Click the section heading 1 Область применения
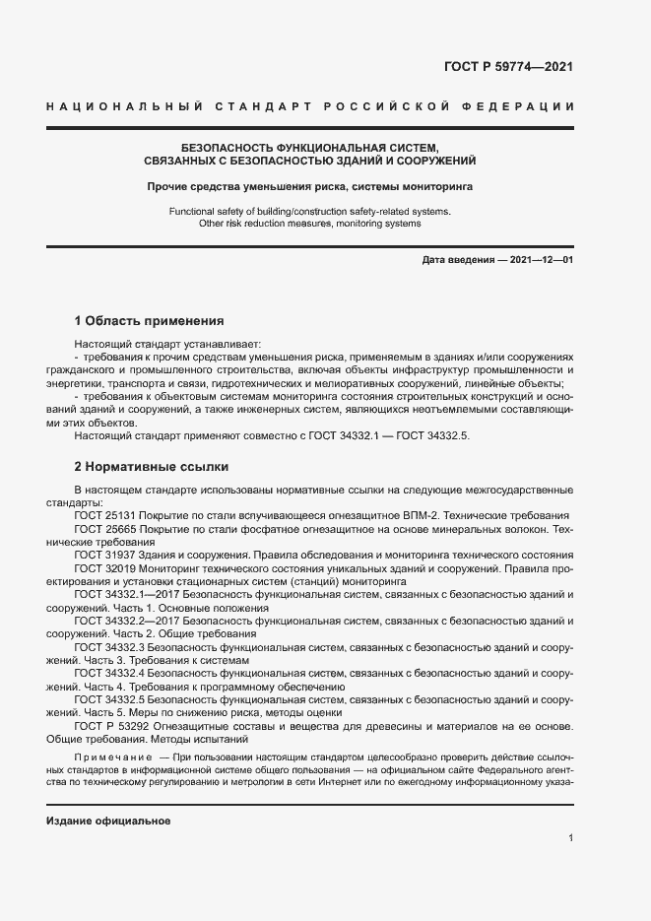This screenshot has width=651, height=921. pos(150,321)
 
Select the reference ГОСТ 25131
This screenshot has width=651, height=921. pos(105,516)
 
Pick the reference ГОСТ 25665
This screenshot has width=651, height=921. pos(105,529)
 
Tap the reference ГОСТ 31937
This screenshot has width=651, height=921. pos(105,556)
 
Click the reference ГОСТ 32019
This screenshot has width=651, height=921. pos(105,568)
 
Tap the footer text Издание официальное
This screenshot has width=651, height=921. pos(108,822)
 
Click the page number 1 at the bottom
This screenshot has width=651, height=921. pos(570,837)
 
